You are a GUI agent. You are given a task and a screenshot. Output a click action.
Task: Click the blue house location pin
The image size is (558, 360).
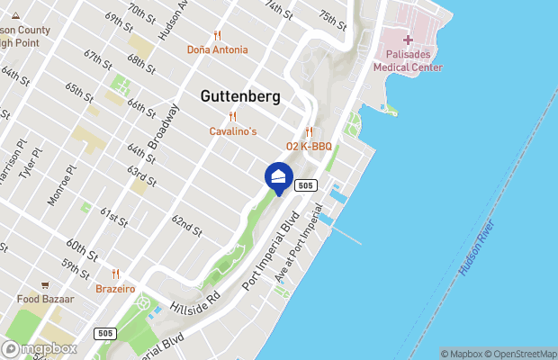coord(279,177)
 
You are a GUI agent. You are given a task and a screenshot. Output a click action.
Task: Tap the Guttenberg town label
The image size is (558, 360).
coord(240,96)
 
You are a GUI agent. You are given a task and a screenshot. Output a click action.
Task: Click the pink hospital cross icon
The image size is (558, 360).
coord(408,40)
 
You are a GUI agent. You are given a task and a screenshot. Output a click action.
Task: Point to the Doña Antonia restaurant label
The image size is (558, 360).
coord(217,49)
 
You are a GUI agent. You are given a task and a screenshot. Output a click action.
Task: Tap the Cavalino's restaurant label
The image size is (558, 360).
coord(233,131)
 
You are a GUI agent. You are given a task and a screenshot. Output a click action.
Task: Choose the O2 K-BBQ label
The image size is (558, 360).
coord(310,146)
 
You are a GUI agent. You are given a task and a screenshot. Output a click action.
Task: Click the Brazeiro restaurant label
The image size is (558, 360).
coord(115,289)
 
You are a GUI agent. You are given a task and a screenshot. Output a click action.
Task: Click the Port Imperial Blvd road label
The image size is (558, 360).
coord(270,256)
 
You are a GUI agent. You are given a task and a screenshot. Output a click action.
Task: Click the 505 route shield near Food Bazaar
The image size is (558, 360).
coord(105,333)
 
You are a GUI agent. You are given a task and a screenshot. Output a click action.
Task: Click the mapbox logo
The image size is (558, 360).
coord(40,348)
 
